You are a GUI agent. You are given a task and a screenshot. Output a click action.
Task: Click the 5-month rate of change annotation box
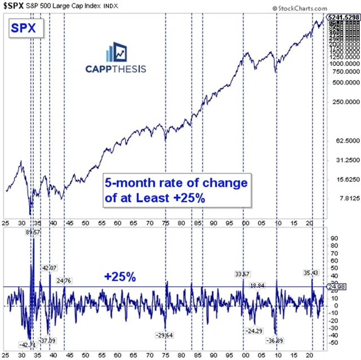click(x=175, y=192)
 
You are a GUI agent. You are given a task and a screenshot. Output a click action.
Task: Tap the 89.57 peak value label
click(x=34, y=232)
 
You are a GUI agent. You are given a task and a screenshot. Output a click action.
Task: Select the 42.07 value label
click(x=50, y=268)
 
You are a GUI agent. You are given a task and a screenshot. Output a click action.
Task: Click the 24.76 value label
click(x=63, y=280)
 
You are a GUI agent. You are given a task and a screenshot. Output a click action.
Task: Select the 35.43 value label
click(x=311, y=272)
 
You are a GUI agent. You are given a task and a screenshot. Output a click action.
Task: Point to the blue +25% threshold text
click(x=120, y=277)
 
